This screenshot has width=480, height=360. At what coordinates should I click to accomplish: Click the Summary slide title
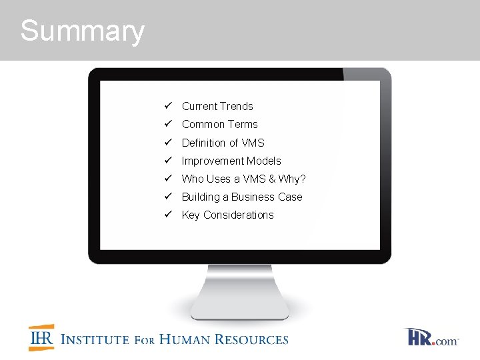click(x=82, y=31)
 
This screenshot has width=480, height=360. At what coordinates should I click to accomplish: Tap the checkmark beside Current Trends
click(x=169, y=106)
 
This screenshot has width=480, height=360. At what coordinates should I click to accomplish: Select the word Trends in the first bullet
click(x=237, y=106)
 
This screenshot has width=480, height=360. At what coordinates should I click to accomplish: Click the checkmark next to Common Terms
click(x=169, y=124)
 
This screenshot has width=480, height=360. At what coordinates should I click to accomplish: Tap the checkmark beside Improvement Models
click(x=169, y=161)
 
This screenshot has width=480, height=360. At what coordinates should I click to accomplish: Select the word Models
click(x=265, y=161)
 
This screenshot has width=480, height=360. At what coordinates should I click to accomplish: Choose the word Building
click(x=201, y=197)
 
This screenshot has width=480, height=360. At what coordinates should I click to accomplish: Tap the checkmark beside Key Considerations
click(x=169, y=215)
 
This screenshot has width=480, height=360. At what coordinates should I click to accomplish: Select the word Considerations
click(x=238, y=215)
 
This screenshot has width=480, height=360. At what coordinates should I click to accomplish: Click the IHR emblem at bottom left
click(x=41, y=338)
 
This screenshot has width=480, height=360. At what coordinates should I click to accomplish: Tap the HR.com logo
click(x=431, y=337)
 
